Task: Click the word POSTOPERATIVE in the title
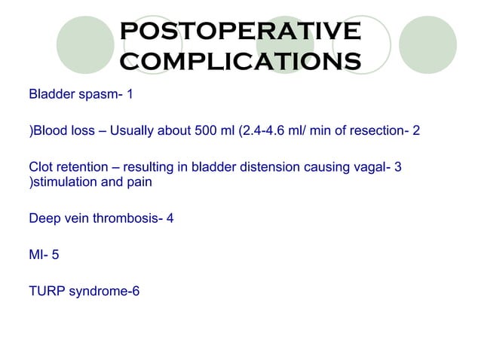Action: point(240,32)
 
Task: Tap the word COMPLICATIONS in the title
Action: point(240,59)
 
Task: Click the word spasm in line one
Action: point(94,96)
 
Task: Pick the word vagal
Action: point(368,168)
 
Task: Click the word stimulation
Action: point(64,182)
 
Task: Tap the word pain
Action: point(138,182)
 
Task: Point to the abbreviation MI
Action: point(35,255)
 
